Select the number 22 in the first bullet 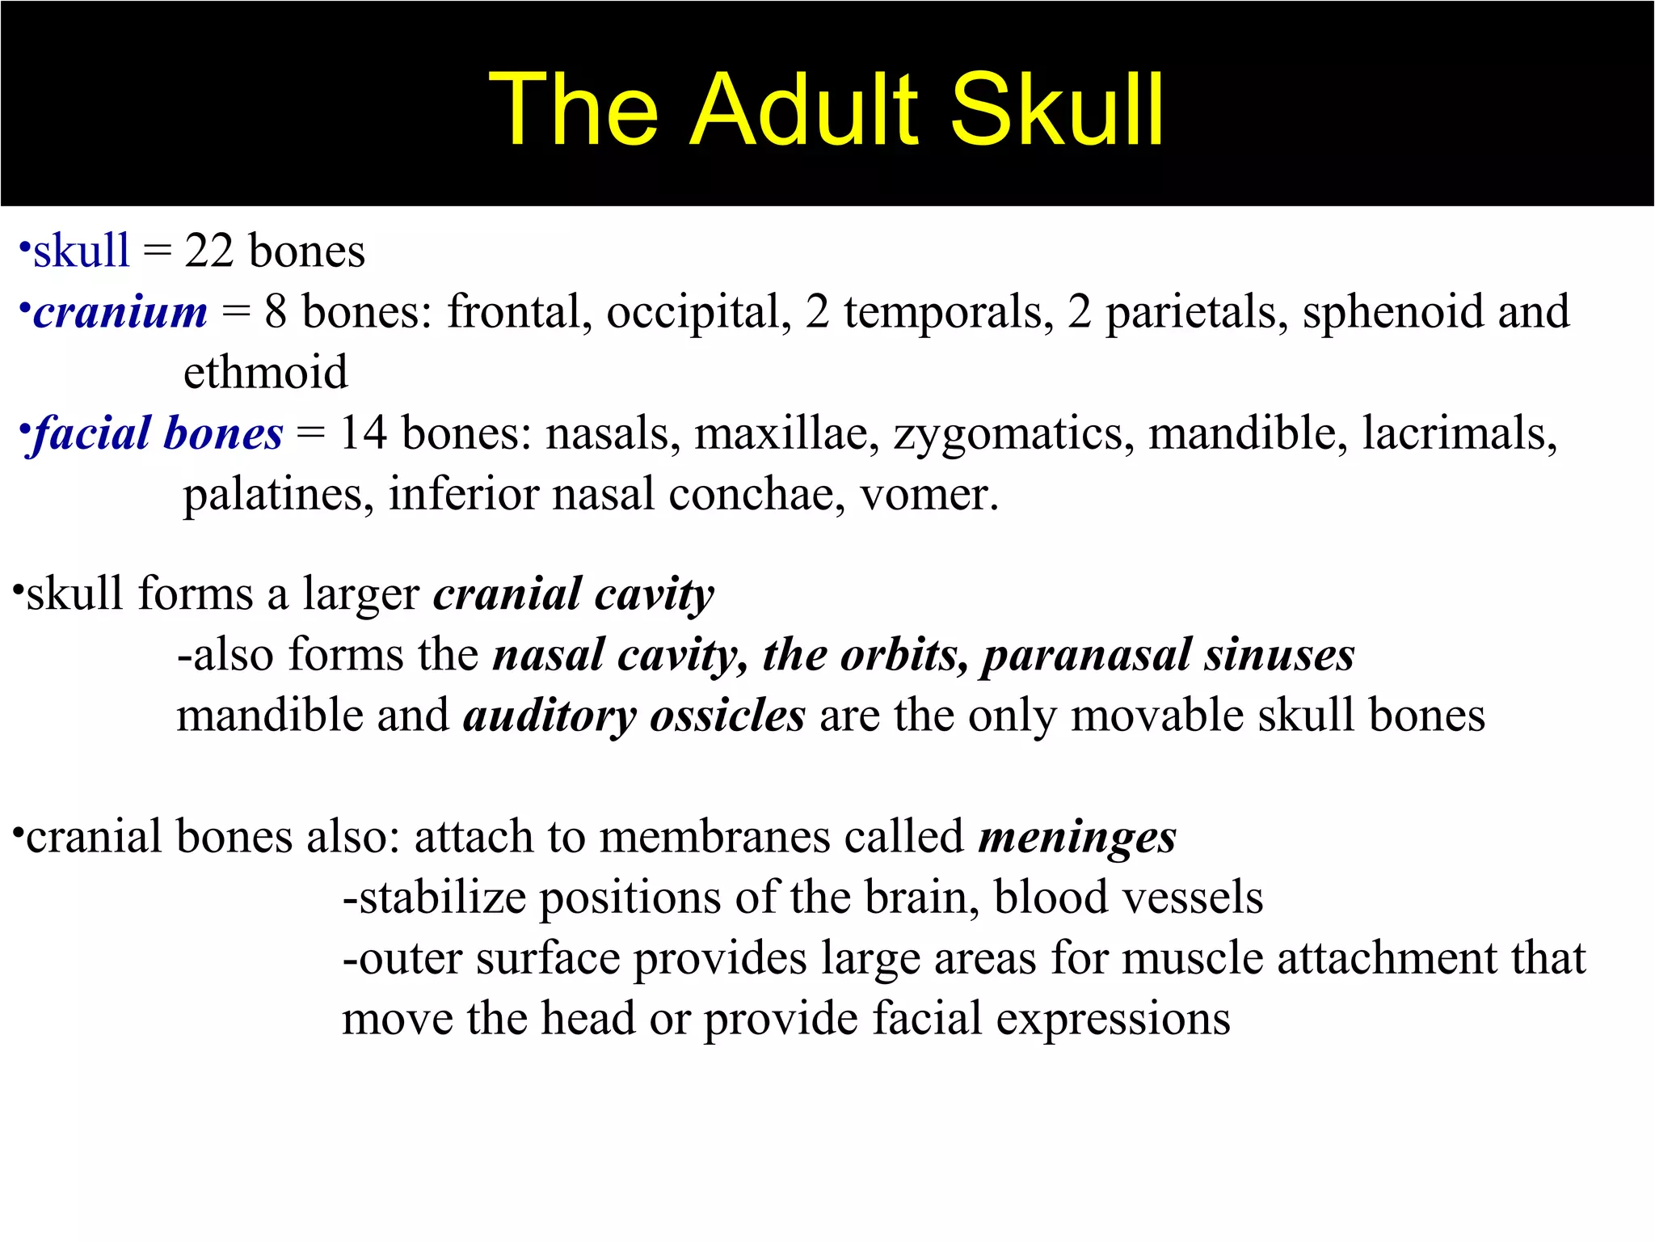click(208, 251)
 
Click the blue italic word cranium click(120, 312)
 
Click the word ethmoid click(265, 373)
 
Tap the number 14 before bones click(363, 433)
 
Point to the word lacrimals click(1459, 433)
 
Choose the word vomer click(928, 494)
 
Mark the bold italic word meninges click(1076, 837)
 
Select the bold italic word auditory click(549, 716)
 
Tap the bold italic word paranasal click(1086, 655)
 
